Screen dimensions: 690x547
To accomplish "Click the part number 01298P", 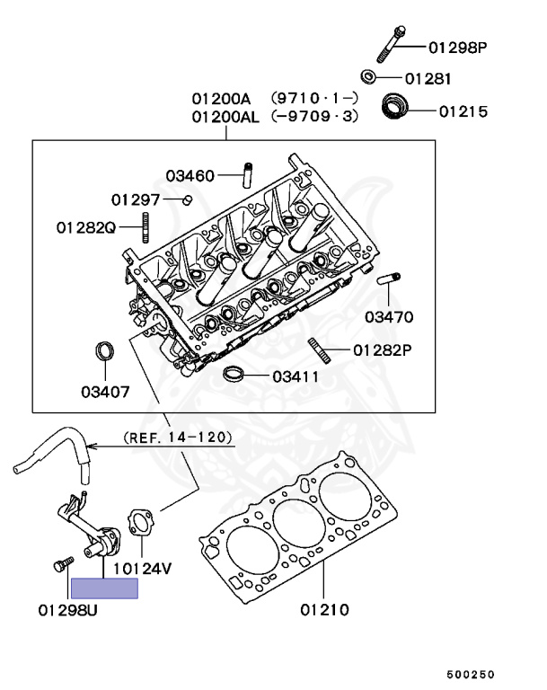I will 458,46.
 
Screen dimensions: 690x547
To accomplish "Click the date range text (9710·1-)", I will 315,98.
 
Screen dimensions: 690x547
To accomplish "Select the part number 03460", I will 190,175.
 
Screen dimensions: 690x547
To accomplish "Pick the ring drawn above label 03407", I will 106,350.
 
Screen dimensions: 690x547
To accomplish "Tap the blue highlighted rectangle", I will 104,588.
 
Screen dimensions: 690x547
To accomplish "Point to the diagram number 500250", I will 471,673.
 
